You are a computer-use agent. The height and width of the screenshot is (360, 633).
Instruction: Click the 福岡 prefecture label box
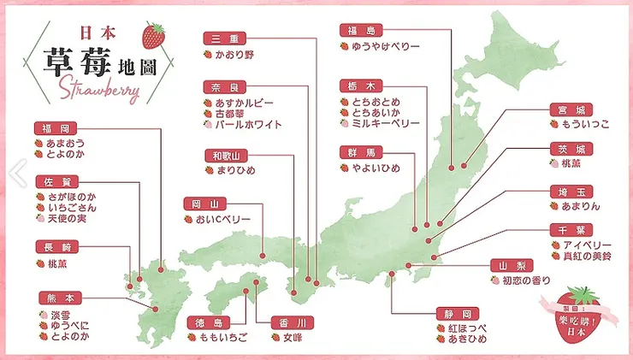(x=51, y=128)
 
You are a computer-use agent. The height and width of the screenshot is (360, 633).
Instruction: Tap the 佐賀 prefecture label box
(x=51, y=181)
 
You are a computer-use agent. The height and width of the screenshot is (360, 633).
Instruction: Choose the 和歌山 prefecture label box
(x=225, y=156)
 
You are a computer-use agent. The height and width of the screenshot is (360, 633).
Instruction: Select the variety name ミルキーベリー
(x=386, y=123)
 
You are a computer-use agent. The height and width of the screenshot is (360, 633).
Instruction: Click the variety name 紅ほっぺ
(x=466, y=328)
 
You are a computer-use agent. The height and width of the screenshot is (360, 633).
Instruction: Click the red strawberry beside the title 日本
(x=155, y=35)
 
